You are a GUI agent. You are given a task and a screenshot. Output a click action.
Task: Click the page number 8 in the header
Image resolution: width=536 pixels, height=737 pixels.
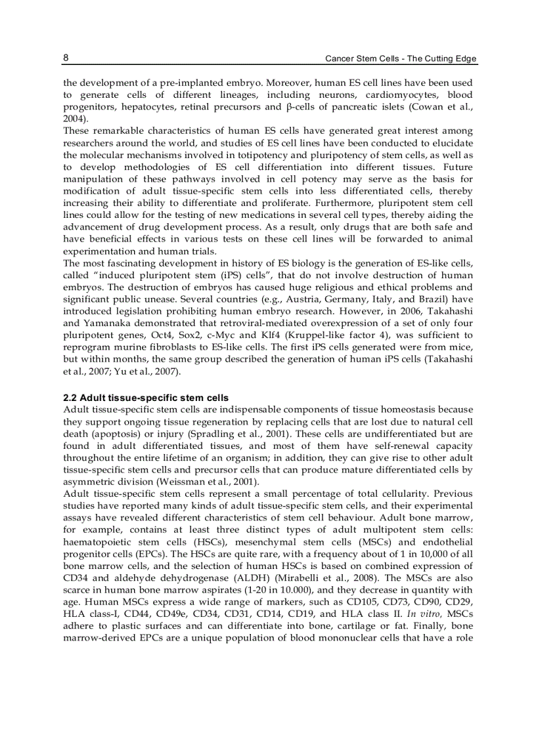coord(66,58)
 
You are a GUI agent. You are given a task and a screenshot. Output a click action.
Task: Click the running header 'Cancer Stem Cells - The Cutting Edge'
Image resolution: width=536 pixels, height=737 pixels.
coord(401,59)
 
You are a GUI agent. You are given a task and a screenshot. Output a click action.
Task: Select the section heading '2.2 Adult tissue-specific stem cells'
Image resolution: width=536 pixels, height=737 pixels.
coord(146,398)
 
